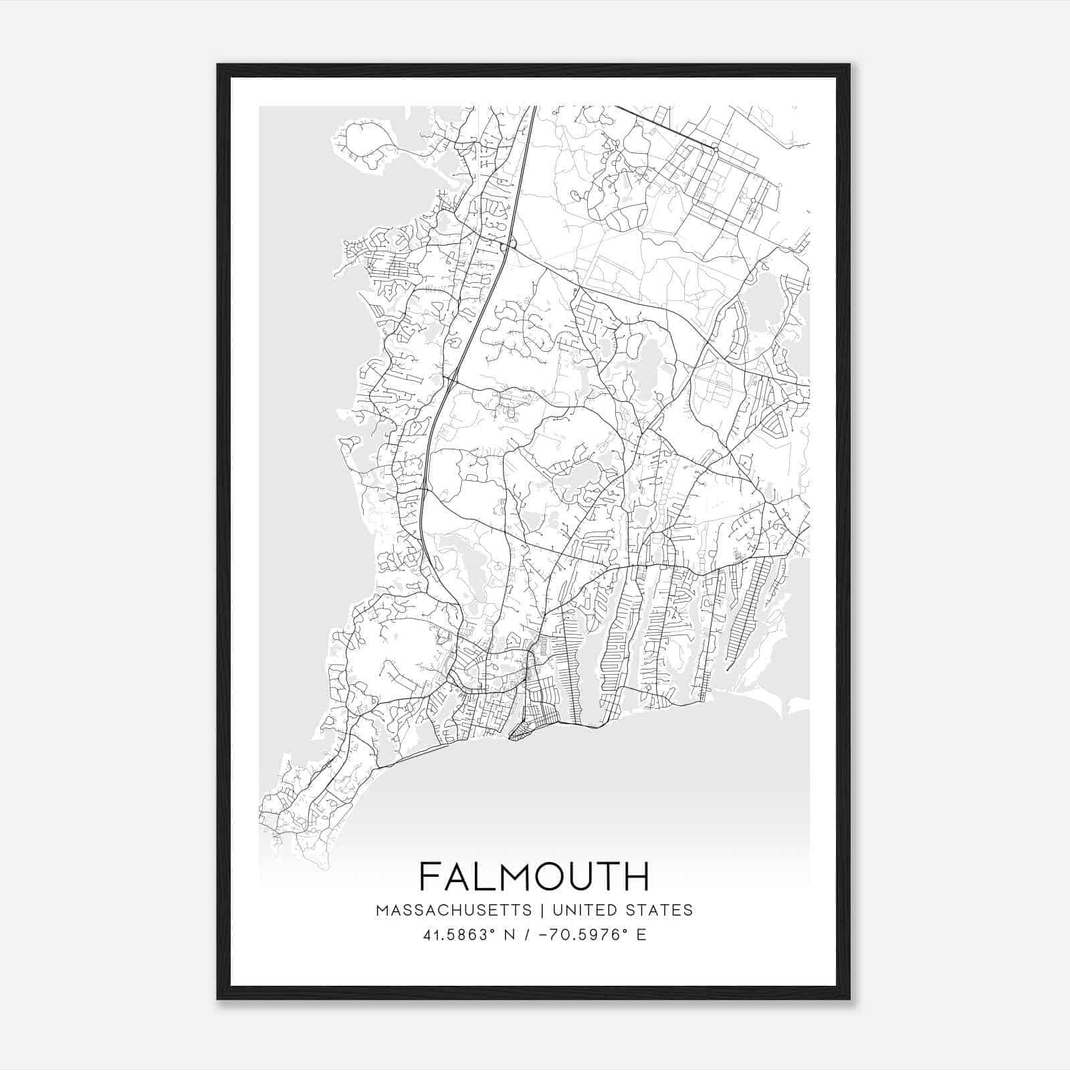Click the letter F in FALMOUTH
(431, 877)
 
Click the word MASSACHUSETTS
(454, 910)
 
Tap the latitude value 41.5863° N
(467, 935)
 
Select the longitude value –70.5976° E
(586, 935)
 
